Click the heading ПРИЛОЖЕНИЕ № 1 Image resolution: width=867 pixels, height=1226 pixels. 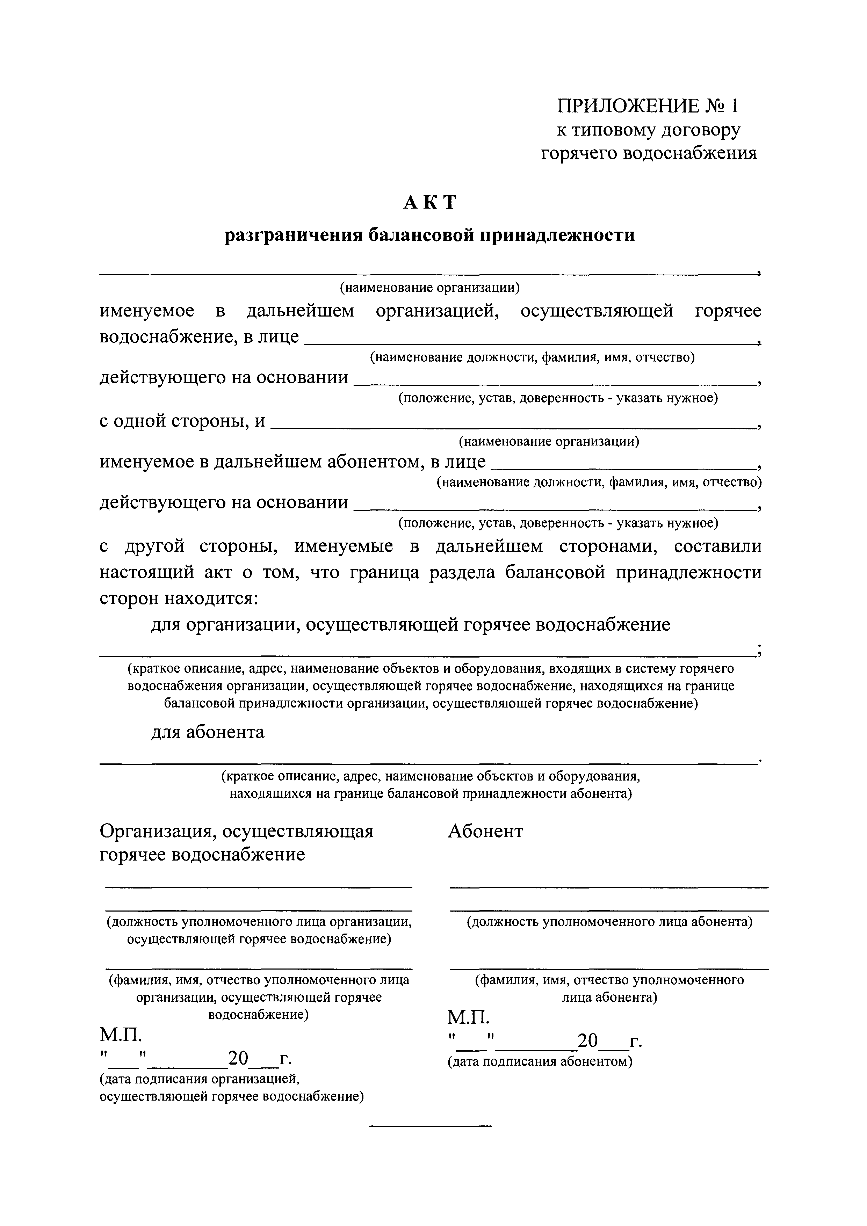pyautogui.click(x=648, y=106)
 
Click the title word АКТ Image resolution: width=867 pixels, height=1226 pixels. pyautogui.click(x=430, y=202)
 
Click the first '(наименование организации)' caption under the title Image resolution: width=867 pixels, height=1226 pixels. pyautogui.click(x=430, y=288)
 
